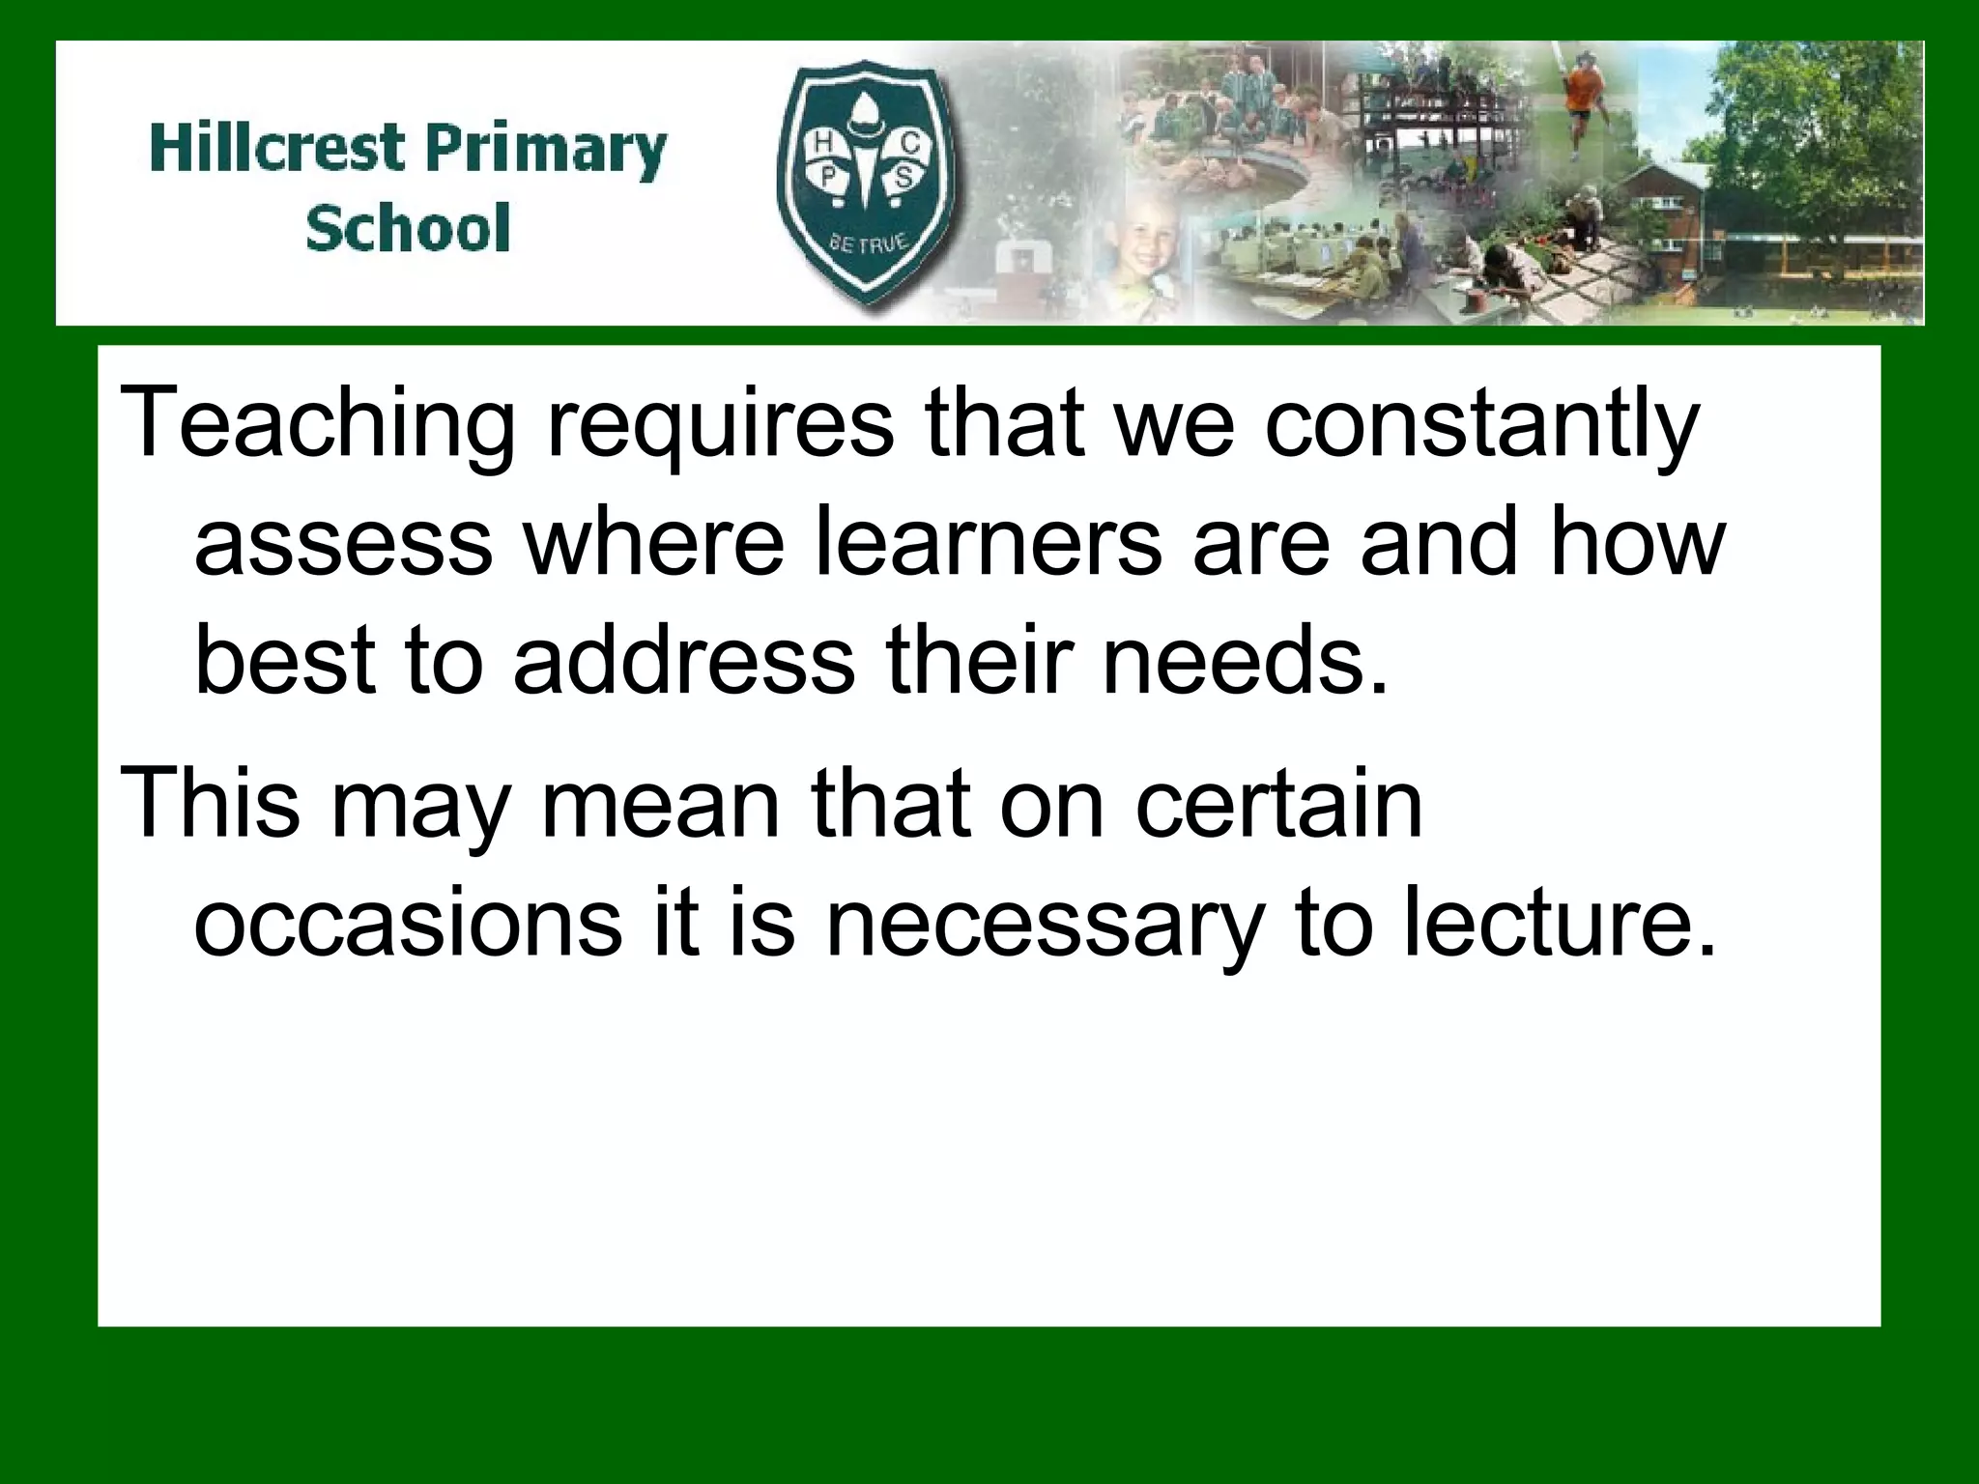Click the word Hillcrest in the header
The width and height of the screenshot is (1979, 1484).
[x=275, y=151]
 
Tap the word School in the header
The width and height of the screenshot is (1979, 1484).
[x=407, y=229]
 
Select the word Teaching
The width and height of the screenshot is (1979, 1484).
[x=319, y=425]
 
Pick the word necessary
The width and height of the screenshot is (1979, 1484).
[x=1044, y=926]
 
